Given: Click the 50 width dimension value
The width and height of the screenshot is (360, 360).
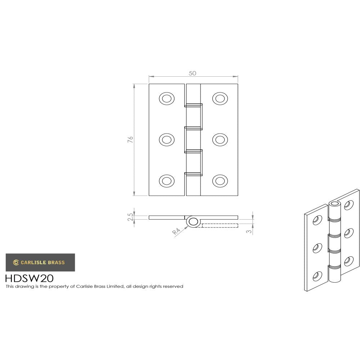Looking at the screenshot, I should point(193,73).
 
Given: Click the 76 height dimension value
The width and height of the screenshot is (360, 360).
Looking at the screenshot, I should point(130,140).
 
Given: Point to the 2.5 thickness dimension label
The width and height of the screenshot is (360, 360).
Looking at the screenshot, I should point(130,217).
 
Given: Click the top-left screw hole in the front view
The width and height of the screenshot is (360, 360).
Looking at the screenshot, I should point(166,98).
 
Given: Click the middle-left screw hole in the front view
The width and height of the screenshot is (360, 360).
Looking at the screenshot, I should point(166,139).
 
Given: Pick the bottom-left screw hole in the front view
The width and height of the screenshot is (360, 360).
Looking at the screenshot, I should point(166,181).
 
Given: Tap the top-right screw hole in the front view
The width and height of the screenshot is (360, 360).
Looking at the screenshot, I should point(220,98).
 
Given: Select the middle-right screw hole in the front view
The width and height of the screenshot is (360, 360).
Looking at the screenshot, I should point(220,139).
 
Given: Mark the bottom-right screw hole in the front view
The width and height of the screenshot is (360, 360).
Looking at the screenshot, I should point(220,181).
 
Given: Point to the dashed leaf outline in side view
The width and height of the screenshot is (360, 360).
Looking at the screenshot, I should point(220,225).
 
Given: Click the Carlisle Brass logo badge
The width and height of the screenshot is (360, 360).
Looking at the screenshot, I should point(40,262).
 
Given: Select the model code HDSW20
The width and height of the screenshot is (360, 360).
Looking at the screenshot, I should point(30,278).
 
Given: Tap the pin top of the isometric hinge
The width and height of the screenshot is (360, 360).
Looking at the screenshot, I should point(335,204).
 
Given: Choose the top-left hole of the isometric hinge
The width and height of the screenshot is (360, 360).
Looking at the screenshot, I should point(317,220).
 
